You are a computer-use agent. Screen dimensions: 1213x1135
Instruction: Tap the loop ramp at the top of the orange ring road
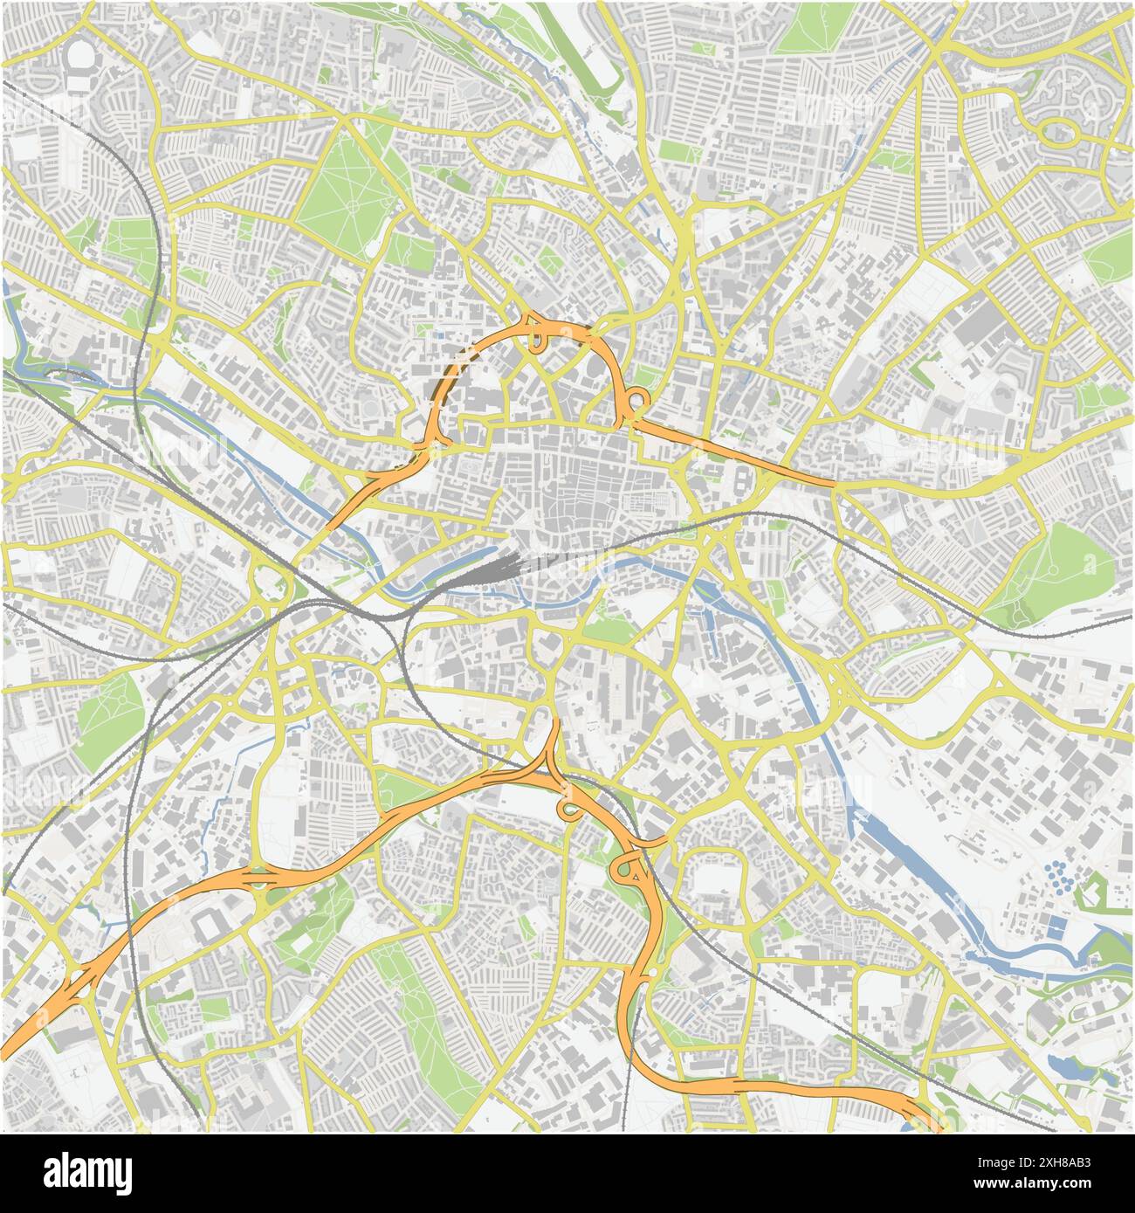(x=534, y=332)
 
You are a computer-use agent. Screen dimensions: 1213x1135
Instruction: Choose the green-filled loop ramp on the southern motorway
(x=625, y=869)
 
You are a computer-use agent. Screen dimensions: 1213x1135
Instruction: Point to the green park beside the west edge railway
(x=109, y=707)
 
